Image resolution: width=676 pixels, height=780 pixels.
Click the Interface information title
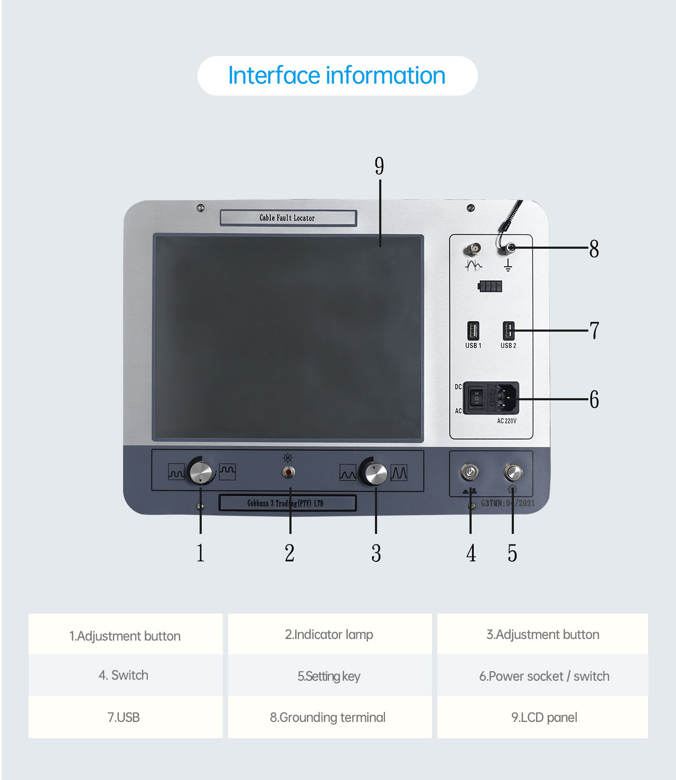(337, 76)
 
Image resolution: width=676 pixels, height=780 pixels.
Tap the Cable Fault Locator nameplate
(288, 218)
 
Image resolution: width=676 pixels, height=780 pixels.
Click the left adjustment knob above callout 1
(201, 472)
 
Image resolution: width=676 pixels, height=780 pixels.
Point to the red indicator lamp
(288, 472)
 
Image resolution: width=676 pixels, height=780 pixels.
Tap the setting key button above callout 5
(513, 472)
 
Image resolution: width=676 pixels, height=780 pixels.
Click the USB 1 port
(473, 331)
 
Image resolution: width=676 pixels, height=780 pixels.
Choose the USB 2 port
(508, 331)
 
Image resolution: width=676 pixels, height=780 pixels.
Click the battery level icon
(490, 287)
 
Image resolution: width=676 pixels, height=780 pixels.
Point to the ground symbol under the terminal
(508, 265)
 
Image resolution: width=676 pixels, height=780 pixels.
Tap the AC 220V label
(506, 421)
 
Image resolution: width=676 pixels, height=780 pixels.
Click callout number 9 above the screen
(379, 166)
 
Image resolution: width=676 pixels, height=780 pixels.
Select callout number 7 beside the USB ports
(595, 331)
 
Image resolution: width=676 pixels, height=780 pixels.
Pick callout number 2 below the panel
(289, 553)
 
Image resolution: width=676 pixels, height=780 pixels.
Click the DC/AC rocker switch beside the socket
(476, 398)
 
